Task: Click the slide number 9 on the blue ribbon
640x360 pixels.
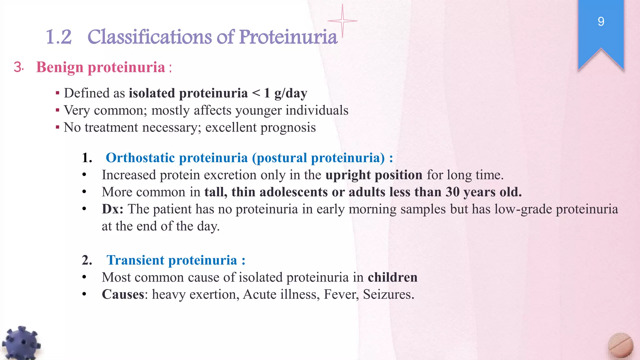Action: click(601, 22)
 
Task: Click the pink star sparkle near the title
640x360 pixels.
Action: click(342, 21)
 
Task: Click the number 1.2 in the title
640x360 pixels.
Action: click(59, 37)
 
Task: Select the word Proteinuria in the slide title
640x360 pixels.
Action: click(288, 37)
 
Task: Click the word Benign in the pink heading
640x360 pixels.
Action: click(60, 67)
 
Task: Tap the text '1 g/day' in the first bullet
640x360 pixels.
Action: click(286, 93)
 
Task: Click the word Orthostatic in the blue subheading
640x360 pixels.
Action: click(145, 158)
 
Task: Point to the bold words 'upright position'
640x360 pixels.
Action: click(374, 175)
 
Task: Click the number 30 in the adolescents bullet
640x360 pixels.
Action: click(452, 192)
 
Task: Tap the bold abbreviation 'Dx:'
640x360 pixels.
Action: click(112, 209)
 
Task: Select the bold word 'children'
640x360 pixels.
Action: click(392, 277)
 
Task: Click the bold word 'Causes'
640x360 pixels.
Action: click(123, 294)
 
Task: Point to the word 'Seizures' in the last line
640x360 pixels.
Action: click(388, 294)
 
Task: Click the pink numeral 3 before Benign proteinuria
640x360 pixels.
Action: click(18, 67)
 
